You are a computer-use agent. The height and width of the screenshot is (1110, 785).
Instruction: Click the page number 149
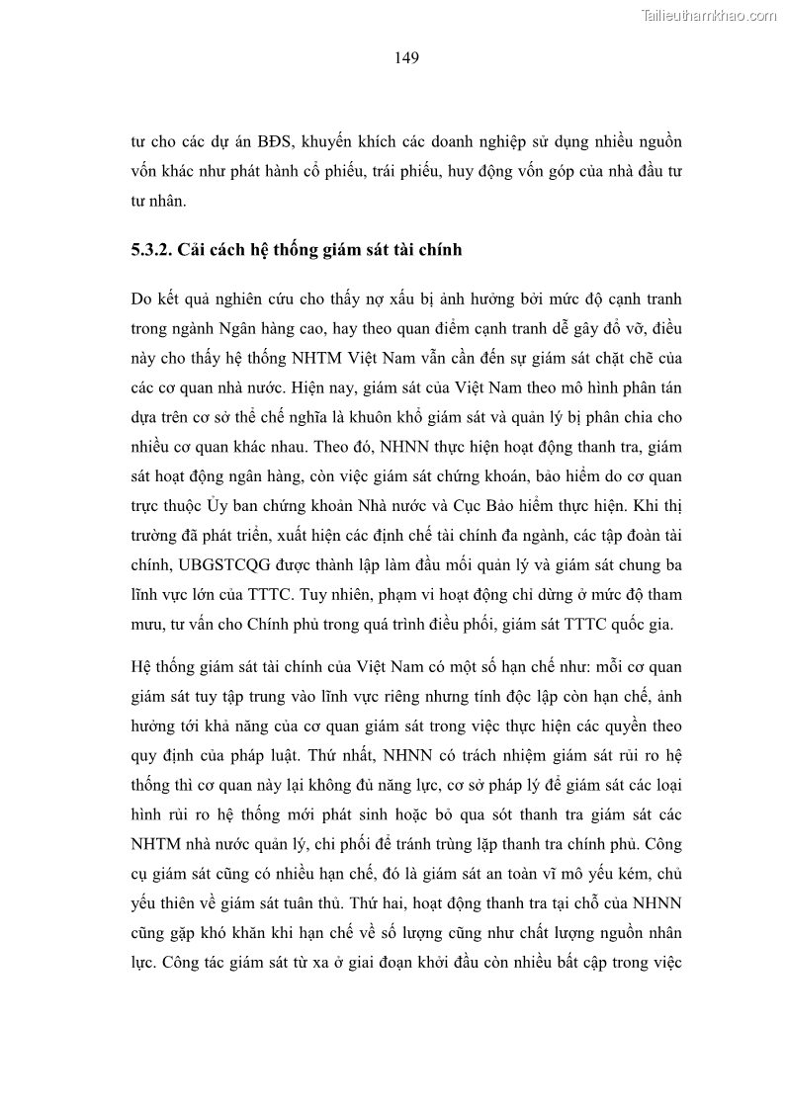[406, 57]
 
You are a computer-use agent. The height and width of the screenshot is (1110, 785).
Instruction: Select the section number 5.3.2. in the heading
[154, 250]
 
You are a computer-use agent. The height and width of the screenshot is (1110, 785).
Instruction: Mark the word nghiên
[235, 299]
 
